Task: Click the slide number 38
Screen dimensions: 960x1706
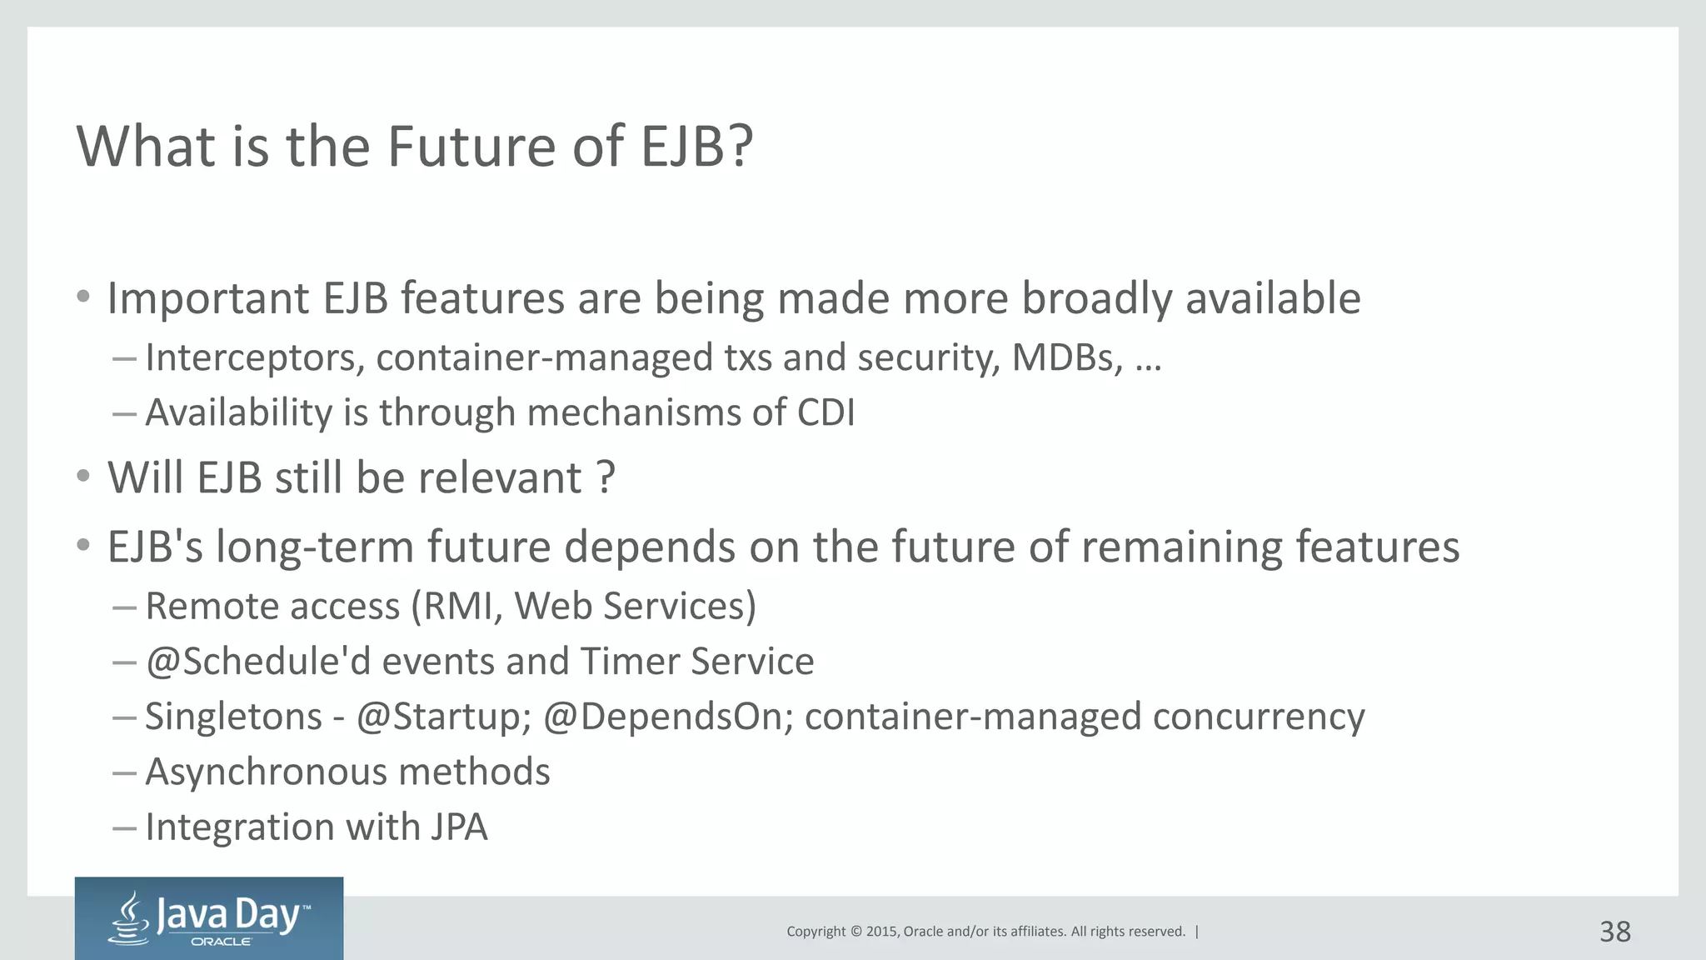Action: (1614, 931)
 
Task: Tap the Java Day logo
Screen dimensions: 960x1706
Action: (209, 918)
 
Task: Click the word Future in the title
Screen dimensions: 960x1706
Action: (472, 147)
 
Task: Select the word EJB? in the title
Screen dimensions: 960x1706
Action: (696, 147)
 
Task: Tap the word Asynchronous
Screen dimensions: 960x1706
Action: (266, 772)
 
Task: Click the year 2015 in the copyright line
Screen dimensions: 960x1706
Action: (882, 932)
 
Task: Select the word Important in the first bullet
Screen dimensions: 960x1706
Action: (208, 298)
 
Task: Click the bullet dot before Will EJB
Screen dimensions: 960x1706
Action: (82, 477)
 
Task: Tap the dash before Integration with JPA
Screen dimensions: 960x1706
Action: (124, 827)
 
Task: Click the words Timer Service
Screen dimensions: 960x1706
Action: (696, 662)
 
